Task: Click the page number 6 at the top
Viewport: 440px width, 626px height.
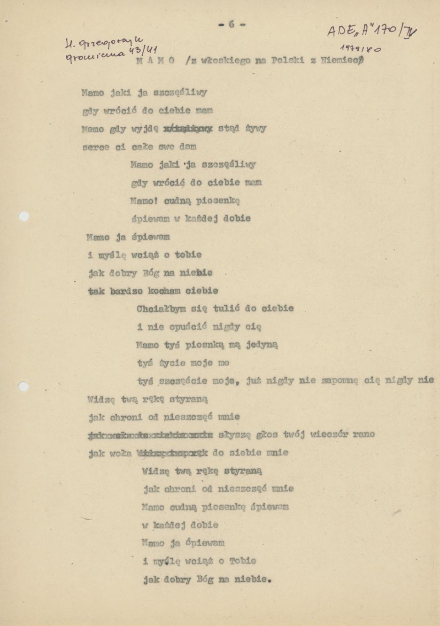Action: click(x=231, y=24)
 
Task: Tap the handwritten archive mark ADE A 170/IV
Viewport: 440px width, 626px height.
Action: click(x=371, y=31)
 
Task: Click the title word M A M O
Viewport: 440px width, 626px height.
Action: click(x=155, y=61)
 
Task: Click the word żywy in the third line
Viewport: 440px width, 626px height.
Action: click(x=256, y=128)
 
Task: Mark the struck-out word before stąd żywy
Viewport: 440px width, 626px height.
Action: click(x=187, y=128)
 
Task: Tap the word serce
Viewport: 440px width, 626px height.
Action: click(x=95, y=147)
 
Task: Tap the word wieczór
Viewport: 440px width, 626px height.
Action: click(x=330, y=434)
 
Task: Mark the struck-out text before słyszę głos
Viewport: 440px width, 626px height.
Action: click(x=151, y=434)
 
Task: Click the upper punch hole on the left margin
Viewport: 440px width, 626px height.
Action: click(x=23, y=216)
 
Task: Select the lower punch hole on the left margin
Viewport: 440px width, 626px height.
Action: click(x=23, y=386)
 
